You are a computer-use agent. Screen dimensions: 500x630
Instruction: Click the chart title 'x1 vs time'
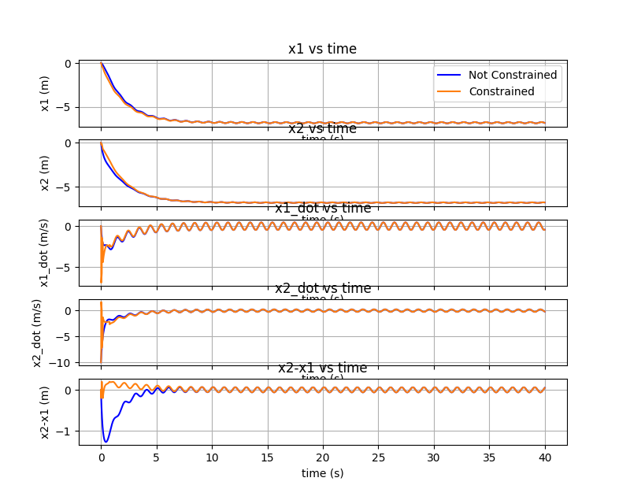[322, 49]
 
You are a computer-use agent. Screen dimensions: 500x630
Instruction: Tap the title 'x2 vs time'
[322, 129]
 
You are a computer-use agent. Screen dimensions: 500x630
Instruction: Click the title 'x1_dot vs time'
[322, 209]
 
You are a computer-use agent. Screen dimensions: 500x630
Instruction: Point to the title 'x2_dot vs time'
[322, 288]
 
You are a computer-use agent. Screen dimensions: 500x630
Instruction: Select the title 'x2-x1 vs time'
[322, 368]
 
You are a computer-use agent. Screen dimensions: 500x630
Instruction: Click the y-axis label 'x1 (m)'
[45, 94]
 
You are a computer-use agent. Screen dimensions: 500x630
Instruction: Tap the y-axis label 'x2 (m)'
[45, 173]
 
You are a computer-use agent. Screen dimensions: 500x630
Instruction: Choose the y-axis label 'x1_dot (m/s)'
[45, 253]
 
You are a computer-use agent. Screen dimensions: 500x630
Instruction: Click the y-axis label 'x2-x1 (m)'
[45, 412]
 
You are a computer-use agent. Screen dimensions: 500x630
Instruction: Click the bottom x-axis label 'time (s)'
[322, 473]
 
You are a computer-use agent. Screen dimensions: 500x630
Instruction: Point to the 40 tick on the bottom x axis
[545, 457]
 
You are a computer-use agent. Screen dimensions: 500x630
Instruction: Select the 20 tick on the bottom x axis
[323, 457]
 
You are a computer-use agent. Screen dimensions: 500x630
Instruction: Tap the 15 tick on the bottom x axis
[267, 457]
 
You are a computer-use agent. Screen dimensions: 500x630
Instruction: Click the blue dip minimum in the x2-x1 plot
[106, 441]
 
